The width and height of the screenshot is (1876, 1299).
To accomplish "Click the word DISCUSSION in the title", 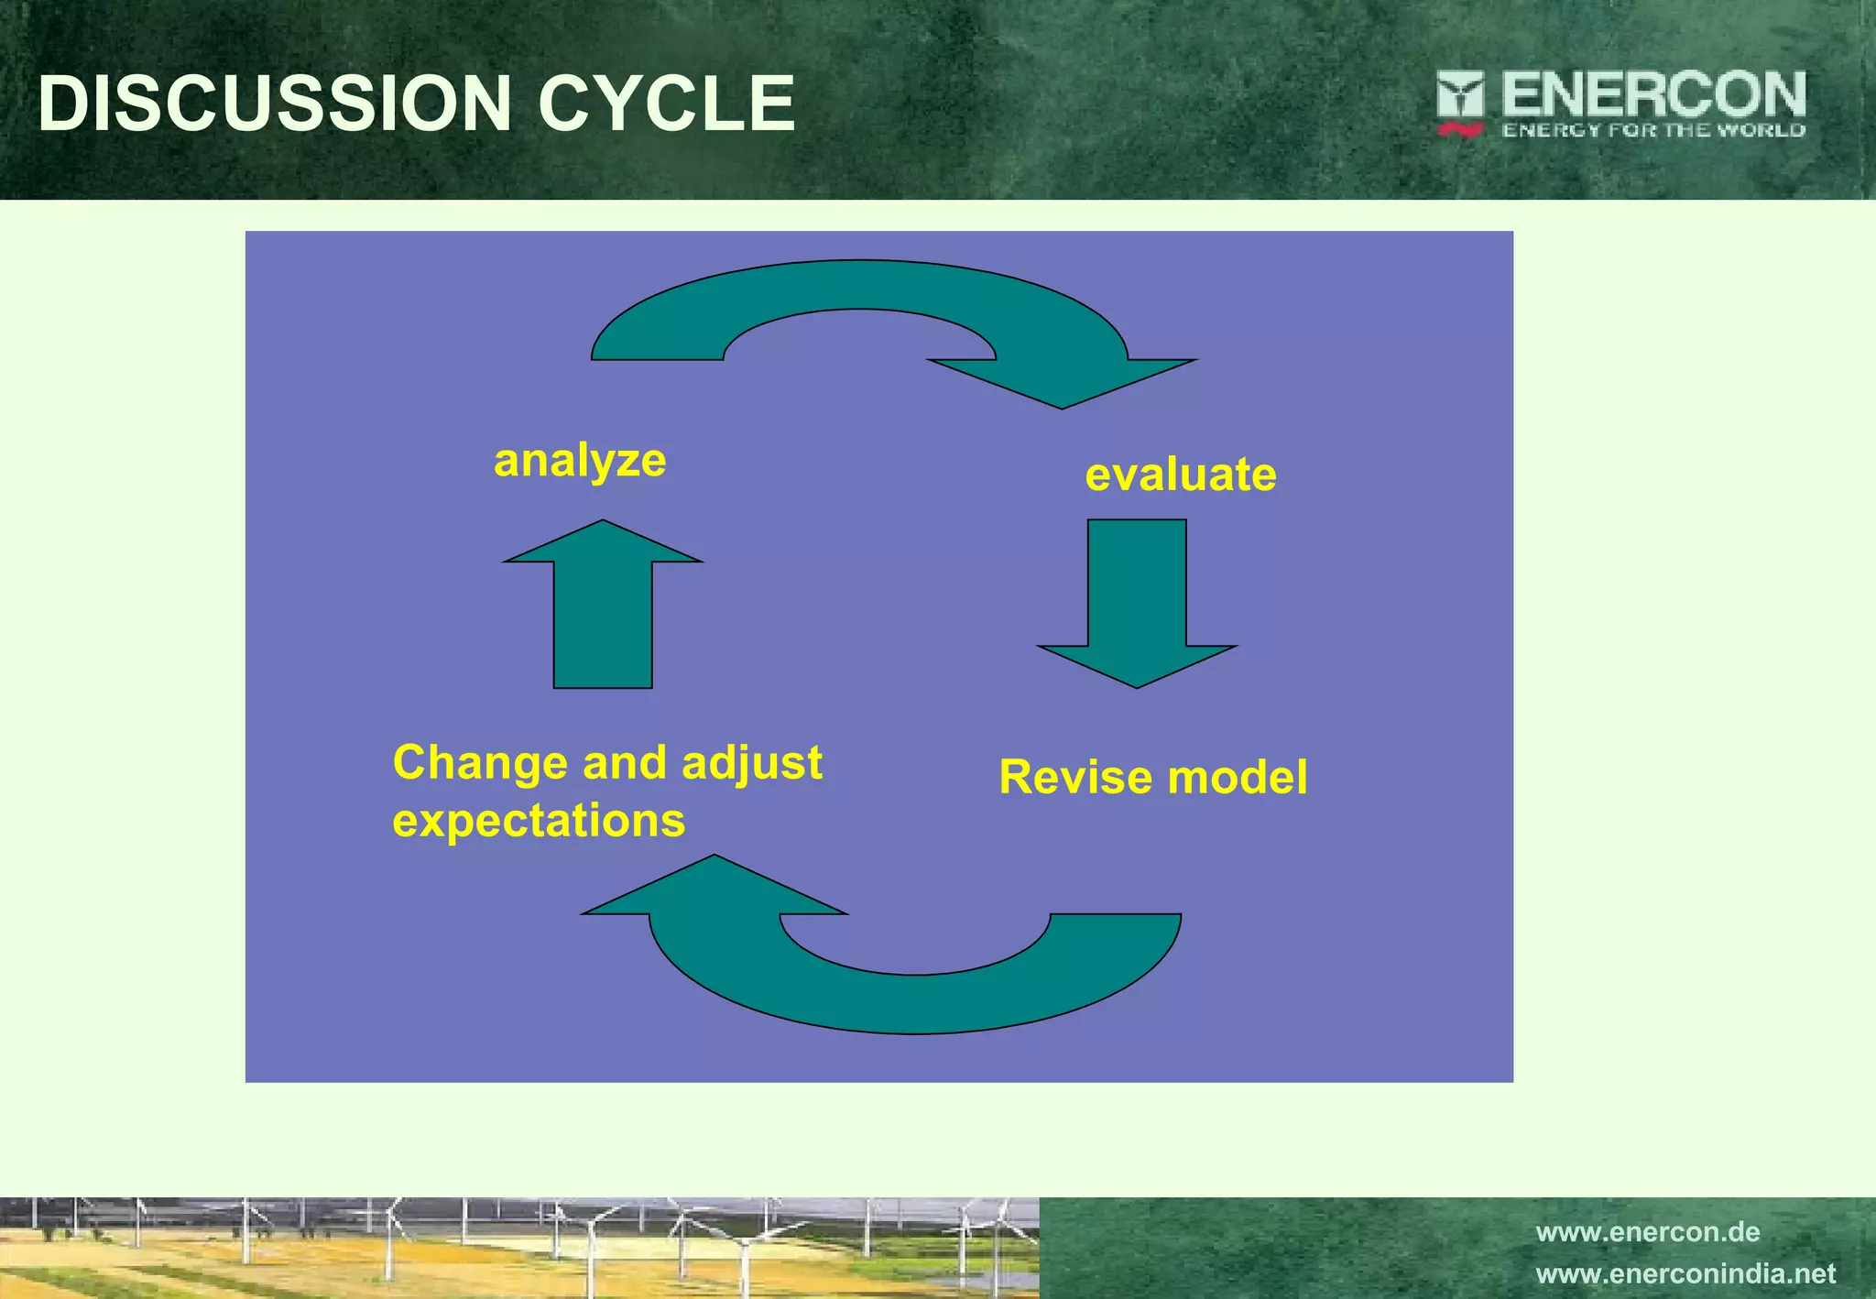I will pyautogui.click(x=274, y=103).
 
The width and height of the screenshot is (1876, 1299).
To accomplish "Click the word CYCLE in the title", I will pyautogui.click(x=666, y=103).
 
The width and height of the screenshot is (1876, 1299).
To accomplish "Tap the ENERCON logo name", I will pyautogui.click(x=1652, y=94).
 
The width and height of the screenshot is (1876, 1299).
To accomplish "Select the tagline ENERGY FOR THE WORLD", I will pyautogui.click(x=1652, y=130).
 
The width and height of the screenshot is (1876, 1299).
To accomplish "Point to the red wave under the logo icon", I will pyautogui.click(x=1460, y=131).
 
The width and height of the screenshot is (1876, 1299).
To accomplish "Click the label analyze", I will pyautogui.click(x=580, y=461).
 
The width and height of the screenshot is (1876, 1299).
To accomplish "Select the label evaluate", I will pyautogui.click(x=1180, y=475).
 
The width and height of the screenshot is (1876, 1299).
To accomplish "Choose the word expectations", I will pyautogui.click(x=539, y=821).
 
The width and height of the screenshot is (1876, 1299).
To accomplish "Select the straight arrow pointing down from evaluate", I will pyautogui.click(x=1137, y=605).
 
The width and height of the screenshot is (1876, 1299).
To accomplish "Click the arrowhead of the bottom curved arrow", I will pyautogui.click(x=714, y=888).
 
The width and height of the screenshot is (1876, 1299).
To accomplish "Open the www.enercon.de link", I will pyautogui.click(x=1647, y=1232).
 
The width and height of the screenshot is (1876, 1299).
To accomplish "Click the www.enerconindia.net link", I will pyautogui.click(x=1685, y=1274).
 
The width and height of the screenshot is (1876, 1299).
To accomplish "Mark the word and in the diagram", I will pyautogui.click(x=624, y=763).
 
